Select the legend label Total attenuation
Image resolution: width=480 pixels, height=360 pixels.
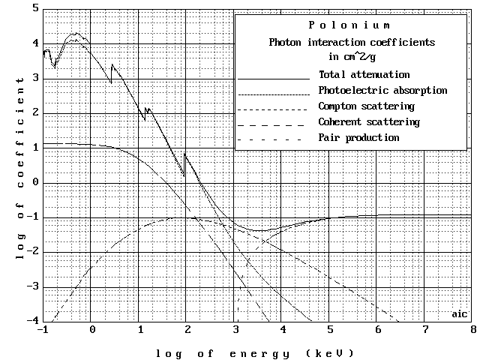[364, 75]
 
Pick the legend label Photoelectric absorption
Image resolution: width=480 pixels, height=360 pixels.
[382, 91]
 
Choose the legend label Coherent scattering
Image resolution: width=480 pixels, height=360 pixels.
[368, 122]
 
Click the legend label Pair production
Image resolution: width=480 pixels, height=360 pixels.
[358, 138]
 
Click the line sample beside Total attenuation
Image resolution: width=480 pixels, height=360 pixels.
[273, 77]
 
